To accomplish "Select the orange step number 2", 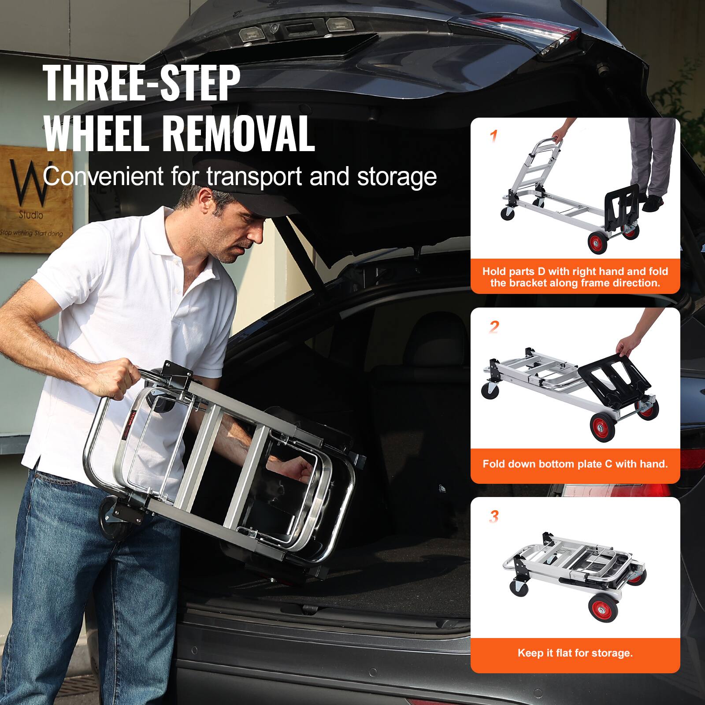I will [494, 327].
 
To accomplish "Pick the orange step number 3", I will [494, 516].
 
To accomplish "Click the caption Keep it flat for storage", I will [575, 653].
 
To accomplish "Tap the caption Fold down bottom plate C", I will [575, 464].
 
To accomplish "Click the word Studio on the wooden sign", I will [31, 215].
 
